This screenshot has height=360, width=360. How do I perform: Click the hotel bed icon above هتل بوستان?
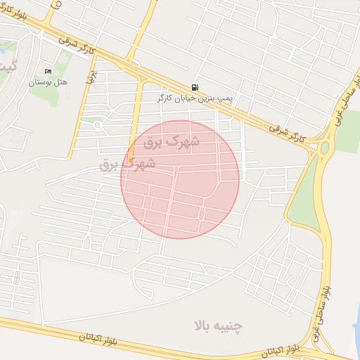point(48,71)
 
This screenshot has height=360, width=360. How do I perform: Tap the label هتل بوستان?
point(47,82)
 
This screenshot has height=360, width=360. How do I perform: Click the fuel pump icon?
point(193,88)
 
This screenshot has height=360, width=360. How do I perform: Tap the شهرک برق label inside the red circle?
point(172,142)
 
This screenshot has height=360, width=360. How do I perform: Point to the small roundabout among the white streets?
point(98,125)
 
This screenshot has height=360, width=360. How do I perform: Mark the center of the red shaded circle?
point(180,179)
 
